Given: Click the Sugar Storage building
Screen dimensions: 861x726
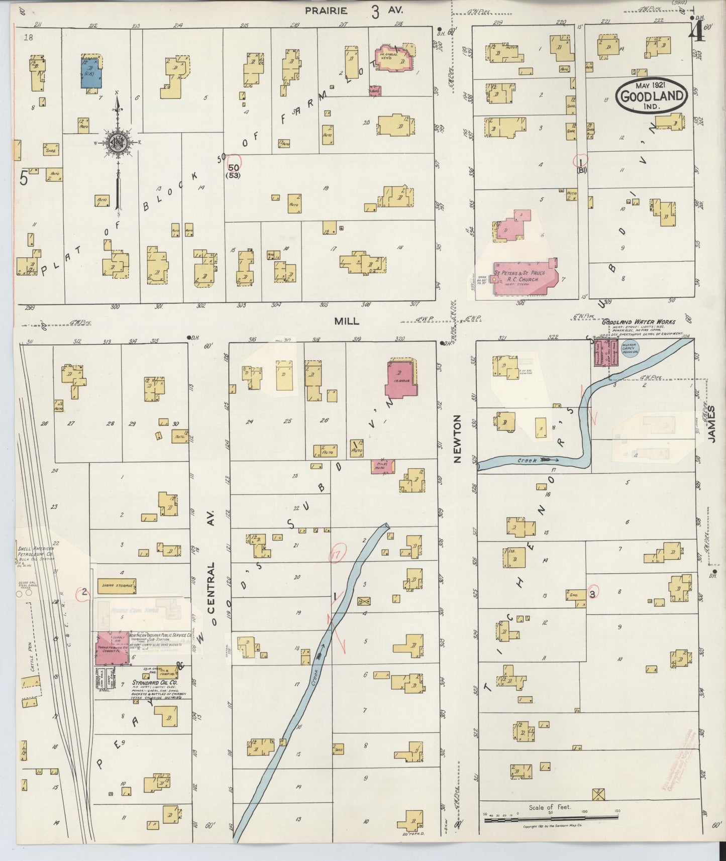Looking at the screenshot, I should click(x=117, y=586).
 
